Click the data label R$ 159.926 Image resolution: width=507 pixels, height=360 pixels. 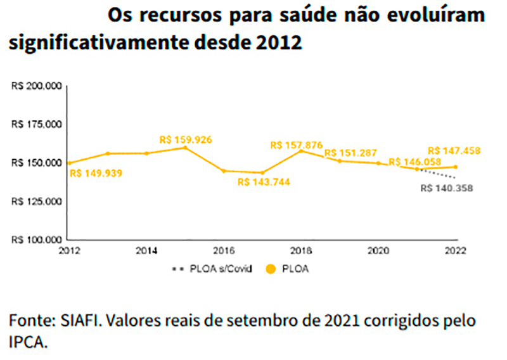[x=186, y=138]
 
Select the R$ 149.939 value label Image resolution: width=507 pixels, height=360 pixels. [x=96, y=172]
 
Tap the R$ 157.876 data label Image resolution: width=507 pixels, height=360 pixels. [x=297, y=145]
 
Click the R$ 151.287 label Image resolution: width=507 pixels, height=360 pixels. [x=350, y=153]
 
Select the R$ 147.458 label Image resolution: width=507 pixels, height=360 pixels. [x=454, y=151]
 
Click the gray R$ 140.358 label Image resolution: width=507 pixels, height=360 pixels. [x=447, y=188]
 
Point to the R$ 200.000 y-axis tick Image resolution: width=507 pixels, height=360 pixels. [x=36, y=86]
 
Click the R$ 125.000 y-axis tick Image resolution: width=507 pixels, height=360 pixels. [x=36, y=202]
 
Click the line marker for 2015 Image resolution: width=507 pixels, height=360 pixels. [x=185, y=147]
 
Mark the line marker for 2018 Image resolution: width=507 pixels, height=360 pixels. [x=301, y=151]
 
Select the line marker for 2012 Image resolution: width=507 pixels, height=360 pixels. [x=69, y=163]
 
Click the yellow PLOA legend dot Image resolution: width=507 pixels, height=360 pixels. [x=271, y=269]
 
